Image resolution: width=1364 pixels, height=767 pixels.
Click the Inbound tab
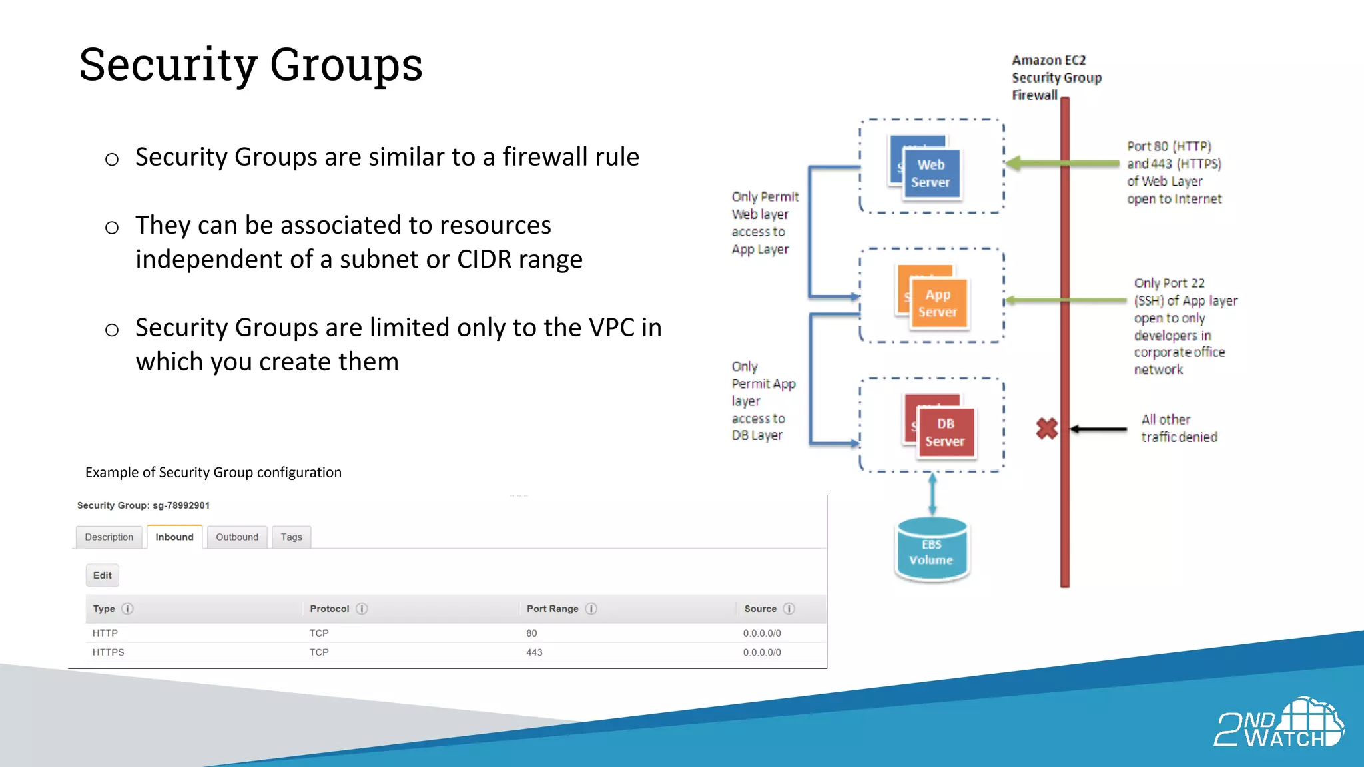tap(174, 537)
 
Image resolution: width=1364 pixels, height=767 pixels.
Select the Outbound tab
tap(237, 537)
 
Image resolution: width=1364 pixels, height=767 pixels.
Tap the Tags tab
tap(291, 537)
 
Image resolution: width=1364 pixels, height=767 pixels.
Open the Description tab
tap(109, 537)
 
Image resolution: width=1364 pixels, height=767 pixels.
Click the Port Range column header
tap(552, 609)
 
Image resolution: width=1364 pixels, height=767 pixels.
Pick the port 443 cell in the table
tap(534, 652)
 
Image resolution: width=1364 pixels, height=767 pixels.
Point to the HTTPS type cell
tap(108, 652)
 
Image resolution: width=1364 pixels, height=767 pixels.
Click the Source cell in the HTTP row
tap(762, 633)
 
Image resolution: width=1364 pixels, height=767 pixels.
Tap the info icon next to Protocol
tap(362, 609)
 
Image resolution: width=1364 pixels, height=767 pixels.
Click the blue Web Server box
tap(931, 174)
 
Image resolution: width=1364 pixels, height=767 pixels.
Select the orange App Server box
tap(938, 304)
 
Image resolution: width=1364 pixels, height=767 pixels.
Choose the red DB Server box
tap(945, 433)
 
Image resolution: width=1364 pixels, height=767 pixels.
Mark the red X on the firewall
tap(1047, 428)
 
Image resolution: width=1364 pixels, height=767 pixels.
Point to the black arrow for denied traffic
tap(1099, 429)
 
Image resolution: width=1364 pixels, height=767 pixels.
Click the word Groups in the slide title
tap(346, 65)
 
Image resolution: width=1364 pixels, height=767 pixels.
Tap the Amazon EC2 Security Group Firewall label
tap(1056, 78)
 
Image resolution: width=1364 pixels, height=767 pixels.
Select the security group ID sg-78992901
tap(181, 505)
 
